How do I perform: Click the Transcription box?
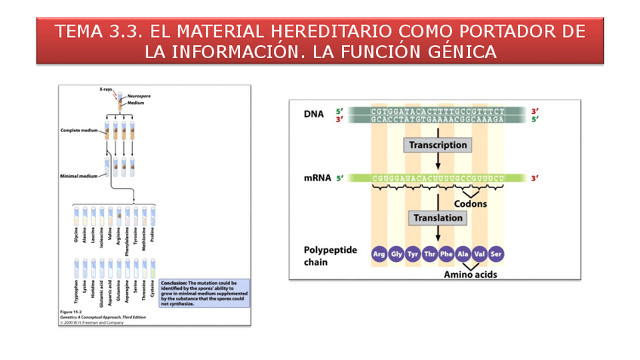(x=438, y=145)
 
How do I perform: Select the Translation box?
(x=438, y=218)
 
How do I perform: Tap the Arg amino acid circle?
(x=379, y=254)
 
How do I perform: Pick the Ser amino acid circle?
(x=496, y=254)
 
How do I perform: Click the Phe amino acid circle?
(x=447, y=254)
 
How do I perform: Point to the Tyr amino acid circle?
(x=413, y=254)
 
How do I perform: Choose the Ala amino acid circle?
(x=463, y=254)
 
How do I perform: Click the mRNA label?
(x=318, y=179)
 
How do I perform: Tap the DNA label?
(x=314, y=115)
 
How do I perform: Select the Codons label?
(x=470, y=204)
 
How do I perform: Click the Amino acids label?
(x=470, y=274)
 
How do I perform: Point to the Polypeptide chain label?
(x=326, y=255)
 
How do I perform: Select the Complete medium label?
(x=80, y=131)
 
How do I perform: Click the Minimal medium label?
(x=78, y=177)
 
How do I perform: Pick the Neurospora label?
(x=138, y=97)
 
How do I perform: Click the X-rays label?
(x=106, y=90)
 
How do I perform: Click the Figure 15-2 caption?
(x=72, y=311)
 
